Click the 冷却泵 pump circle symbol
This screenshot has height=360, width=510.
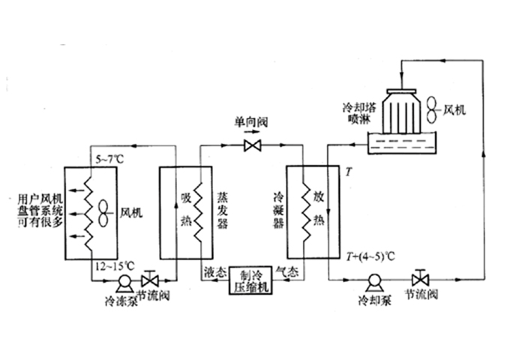pyautogui.click(x=371, y=281)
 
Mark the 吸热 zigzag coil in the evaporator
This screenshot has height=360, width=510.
pyautogui.click(x=198, y=212)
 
